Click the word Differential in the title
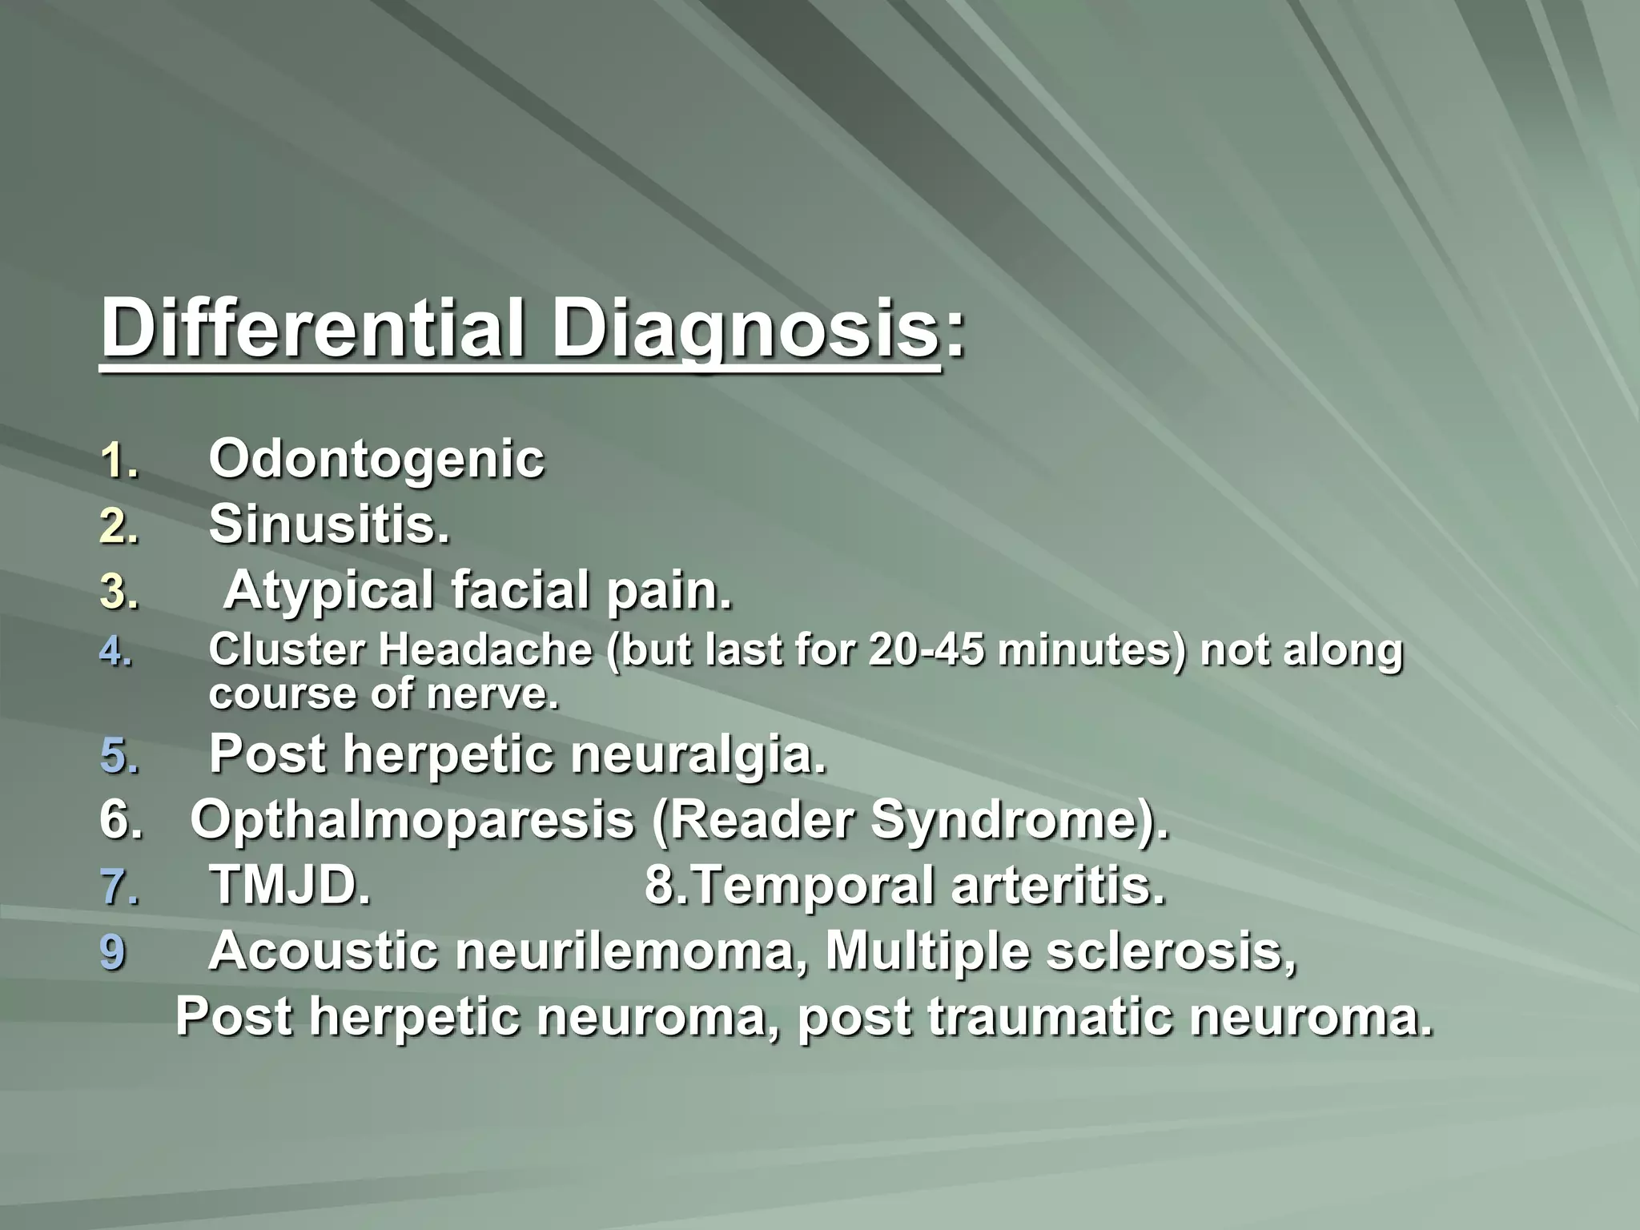pos(313,330)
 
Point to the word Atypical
pos(328,593)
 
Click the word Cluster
pos(287,649)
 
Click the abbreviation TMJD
pos(290,886)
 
